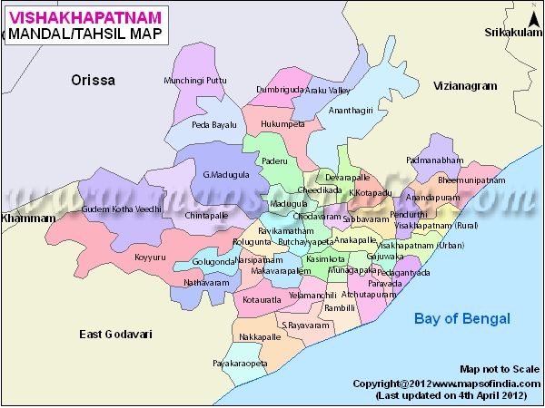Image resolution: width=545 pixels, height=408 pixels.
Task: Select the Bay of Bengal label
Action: [x=462, y=318]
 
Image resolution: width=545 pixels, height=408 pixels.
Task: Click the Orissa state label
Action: [x=94, y=81]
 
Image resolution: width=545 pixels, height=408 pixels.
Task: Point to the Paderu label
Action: [x=274, y=160]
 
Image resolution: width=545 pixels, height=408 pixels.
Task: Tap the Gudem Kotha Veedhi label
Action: [x=122, y=209]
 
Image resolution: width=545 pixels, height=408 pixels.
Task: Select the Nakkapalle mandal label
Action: [x=260, y=336]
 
